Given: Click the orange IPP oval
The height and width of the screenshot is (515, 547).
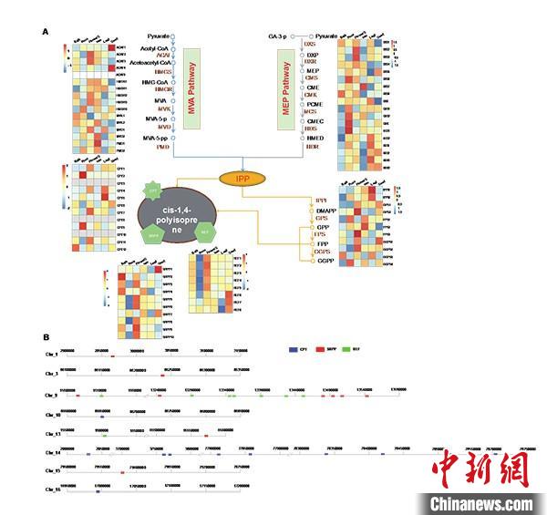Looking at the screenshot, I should [x=242, y=179].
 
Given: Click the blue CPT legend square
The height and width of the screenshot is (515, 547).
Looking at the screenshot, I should [x=292, y=349].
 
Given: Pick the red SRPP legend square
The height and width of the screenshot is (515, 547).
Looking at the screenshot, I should [x=320, y=349].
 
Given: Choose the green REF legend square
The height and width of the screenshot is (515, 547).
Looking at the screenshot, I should [x=348, y=349].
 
